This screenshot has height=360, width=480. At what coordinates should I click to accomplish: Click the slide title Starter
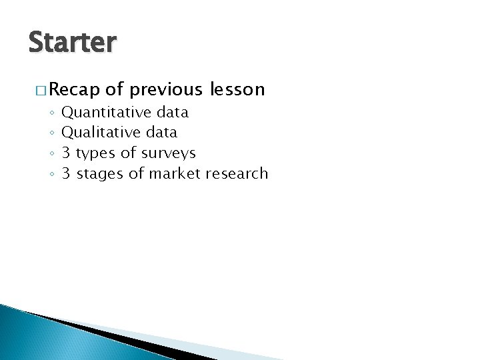(73, 43)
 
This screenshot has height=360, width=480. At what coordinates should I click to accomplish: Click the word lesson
(237, 89)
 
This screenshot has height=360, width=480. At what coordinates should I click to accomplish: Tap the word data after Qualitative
(161, 133)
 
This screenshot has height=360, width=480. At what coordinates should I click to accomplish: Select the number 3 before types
(66, 153)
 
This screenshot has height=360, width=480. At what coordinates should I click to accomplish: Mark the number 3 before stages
(66, 174)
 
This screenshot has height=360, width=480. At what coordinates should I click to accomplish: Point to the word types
(95, 154)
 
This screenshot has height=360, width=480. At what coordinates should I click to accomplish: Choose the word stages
(101, 175)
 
